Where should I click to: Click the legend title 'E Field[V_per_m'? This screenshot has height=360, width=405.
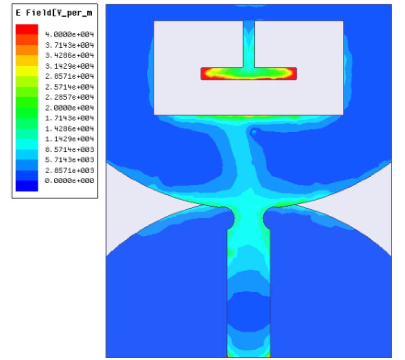pyautogui.click(x=54, y=13)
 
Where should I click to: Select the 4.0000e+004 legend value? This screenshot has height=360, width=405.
pyautogui.click(x=69, y=34)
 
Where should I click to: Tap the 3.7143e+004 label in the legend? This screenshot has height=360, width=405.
pyautogui.click(x=69, y=45)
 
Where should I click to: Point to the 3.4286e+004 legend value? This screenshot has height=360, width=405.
pyautogui.click(x=69, y=55)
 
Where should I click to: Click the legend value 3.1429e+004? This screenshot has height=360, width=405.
pyautogui.click(x=69, y=66)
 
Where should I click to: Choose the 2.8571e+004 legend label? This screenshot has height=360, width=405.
pyautogui.click(x=69, y=76)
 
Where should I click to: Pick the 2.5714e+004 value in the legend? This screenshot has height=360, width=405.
pyautogui.click(x=69, y=87)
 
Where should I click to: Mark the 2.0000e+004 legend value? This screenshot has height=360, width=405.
pyautogui.click(x=69, y=108)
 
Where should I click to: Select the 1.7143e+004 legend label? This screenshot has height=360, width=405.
pyautogui.click(x=69, y=118)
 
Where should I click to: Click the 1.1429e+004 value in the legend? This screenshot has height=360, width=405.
pyautogui.click(x=69, y=139)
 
